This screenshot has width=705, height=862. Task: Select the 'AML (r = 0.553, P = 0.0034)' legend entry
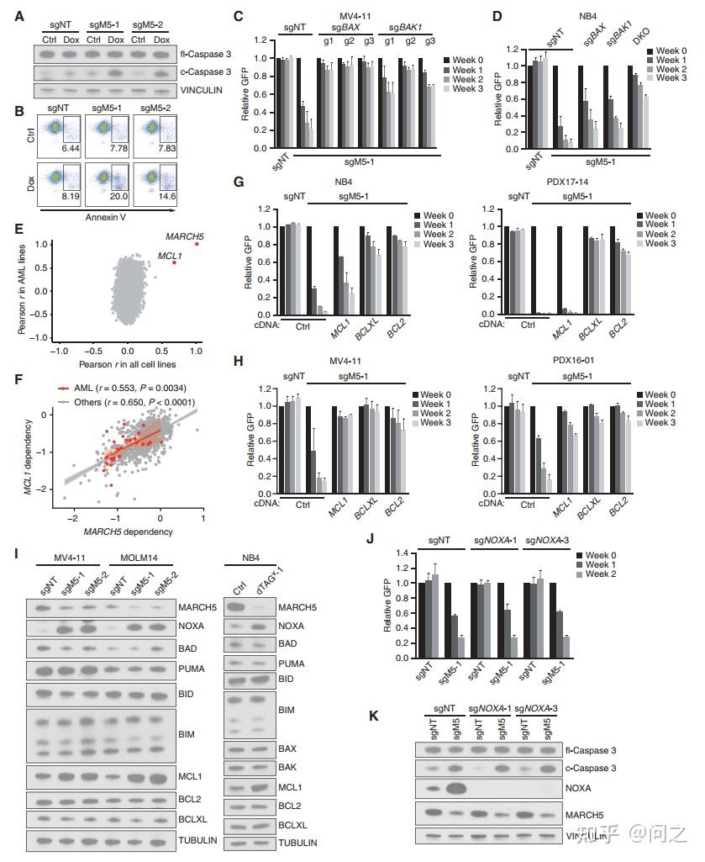132,387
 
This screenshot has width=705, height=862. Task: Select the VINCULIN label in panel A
205,89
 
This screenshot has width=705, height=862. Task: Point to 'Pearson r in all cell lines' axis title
127,365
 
